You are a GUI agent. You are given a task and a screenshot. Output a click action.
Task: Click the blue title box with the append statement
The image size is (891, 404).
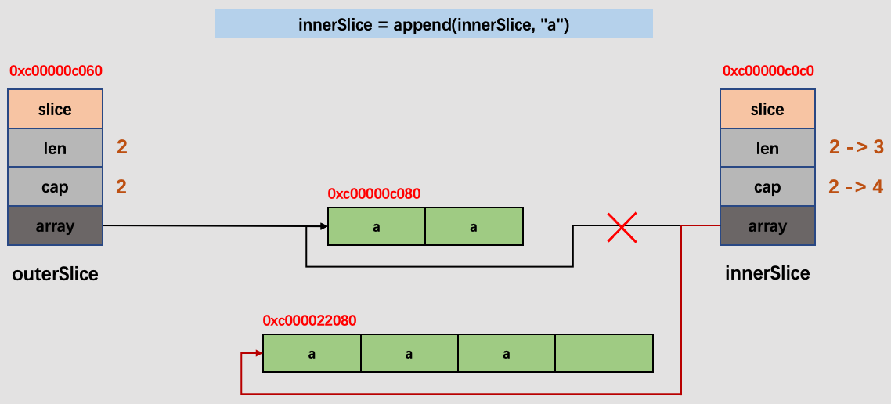[434, 24]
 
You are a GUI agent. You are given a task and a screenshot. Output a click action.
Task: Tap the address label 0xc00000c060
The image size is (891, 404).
[56, 70]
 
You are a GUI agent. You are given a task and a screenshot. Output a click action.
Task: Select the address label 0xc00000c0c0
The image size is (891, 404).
[768, 70]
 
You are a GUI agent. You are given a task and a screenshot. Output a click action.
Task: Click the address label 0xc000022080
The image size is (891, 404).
[310, 320]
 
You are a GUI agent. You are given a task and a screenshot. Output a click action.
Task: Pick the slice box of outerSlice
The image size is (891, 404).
[55, 110]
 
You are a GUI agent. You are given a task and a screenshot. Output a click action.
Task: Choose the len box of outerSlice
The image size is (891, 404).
[55, 149]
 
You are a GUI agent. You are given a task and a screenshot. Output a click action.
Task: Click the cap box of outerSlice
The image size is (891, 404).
[55, 187]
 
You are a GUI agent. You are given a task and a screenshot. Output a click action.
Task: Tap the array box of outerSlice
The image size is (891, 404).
[55, 226]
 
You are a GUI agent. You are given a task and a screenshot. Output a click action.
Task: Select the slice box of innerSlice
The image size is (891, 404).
[767, 110]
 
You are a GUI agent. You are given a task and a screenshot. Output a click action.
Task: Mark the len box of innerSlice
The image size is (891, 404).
[767, 149]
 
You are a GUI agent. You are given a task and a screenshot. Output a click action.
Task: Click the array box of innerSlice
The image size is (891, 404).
[767, 226]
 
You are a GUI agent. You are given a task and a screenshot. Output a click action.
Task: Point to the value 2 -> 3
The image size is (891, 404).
[855, 147]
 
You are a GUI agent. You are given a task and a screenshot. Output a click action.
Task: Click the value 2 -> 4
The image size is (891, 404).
[855, 186]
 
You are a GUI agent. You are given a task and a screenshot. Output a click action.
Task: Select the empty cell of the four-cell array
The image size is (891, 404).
[604, 353]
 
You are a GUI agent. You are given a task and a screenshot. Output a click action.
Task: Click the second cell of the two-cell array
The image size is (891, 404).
[474, 226]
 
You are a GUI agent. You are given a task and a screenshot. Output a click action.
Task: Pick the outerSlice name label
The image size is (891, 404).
[55, 274]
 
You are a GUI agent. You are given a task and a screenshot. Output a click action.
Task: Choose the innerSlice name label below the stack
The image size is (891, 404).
[767, 273]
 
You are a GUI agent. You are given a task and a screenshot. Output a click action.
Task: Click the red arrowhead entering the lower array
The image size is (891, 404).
[258, 353]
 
